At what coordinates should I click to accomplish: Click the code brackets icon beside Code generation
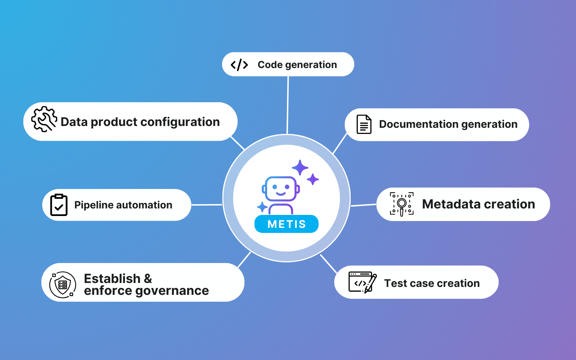(x=239, y=65)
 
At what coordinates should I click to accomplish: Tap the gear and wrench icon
(x=44, y=119)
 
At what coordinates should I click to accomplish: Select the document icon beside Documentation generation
(x=364, y=124)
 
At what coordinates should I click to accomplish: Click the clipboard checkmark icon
(x=59, y=205)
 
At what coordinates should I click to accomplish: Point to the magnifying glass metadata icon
(x=402, y=204)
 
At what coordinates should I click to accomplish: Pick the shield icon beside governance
(x=63, y=285)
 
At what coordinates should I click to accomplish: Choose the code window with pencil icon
(x=362, y=282)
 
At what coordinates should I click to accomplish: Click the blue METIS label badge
(x=287, y=224)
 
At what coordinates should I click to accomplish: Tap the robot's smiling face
(x=281, y=189)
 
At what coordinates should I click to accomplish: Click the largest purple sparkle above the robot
(x=300, y=167)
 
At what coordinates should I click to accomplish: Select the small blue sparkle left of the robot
(x=262, y=207)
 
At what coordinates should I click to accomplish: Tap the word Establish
(x=112, y=278)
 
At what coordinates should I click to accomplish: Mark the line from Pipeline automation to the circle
(x=207, y=205)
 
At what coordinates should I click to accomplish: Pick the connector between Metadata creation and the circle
(x=364, y=205)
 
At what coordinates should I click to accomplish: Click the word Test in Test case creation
(x=395, y=283)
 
